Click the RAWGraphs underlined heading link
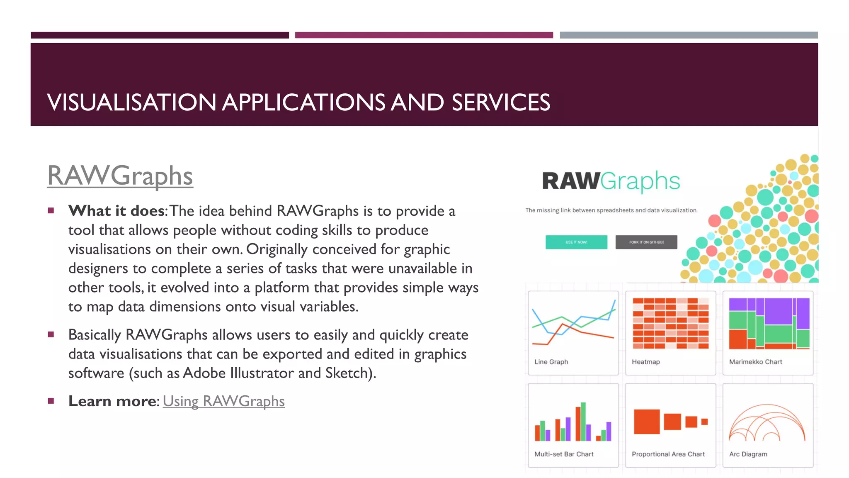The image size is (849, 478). (x=120, y=176)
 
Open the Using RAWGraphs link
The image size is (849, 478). (x=223, y=401)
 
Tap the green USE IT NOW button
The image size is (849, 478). (x=576, y=242)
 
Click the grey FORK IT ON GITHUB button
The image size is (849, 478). (x=646, y=242)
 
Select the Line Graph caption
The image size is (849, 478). (x=551, y=362)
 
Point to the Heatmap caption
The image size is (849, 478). (x=645, y=362)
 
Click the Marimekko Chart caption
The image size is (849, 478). (x=755, y=362)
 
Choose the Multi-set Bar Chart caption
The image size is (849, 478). (x=564, y=454)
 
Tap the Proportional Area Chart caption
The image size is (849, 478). (x=668, y=454)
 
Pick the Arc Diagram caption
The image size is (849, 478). (x=748, y=454)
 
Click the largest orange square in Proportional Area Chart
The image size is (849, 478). (x=647, y=422)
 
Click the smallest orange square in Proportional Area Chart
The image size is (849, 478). (x=704, y=422)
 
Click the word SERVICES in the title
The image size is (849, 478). (x=500, y=102)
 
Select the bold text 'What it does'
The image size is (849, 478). (x=116, y=211)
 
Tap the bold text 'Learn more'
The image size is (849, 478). (x=112, y=401)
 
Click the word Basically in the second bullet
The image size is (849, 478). (x=95, y=335)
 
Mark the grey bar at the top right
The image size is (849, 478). (x=689, y=35)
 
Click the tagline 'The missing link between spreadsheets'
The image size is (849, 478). (x=611, y=210)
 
